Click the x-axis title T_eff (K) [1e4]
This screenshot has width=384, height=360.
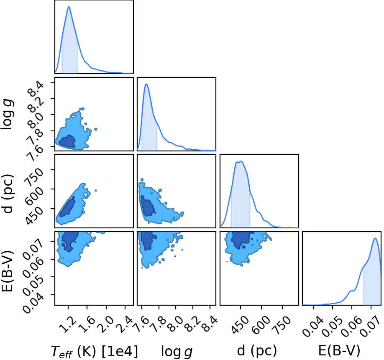pos(95,352)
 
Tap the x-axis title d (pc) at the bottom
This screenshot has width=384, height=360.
pos(257,351)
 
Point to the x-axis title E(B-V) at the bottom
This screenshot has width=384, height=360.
pos(339,350)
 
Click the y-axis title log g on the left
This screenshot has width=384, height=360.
pos(8,114)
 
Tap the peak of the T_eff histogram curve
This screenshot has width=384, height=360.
pos(69,7)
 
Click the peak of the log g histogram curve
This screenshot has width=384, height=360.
pos(146,84)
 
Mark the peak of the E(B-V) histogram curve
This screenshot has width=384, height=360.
pos(375,238)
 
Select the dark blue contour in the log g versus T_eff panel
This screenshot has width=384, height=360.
pos(67,141)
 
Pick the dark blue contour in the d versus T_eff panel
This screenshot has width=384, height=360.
pos(67,207)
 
